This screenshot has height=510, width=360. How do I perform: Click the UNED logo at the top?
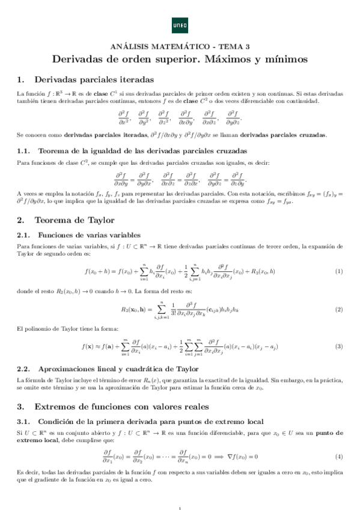[x=180, y=25]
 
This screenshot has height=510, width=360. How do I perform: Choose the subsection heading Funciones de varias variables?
[x=89, y=235]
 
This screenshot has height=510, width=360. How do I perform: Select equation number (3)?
[x=339, y=347]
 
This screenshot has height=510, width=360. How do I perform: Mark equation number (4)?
[x=339, y=456]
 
